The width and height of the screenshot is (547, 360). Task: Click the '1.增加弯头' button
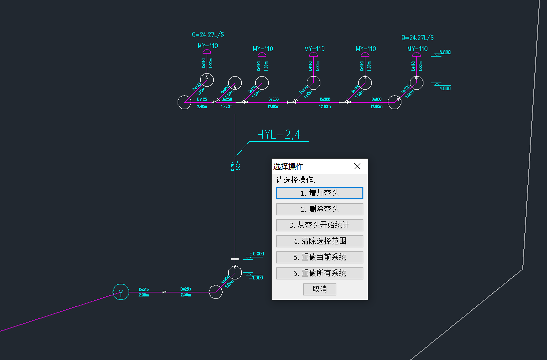click(x=319, y=193)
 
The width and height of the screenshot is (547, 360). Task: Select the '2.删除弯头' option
click(x=319, y=209)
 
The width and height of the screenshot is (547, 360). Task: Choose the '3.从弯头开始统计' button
click(x=319, y=225)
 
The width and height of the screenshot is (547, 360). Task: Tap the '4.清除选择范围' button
click(x=319, y=241)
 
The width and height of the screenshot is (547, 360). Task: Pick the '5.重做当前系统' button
click(x=319, y=257)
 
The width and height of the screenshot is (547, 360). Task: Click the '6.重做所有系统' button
click(x=319, y=273)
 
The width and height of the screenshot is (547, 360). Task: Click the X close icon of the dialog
click(x=357, y=166)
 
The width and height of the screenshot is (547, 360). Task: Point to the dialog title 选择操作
click(x=288, y=166)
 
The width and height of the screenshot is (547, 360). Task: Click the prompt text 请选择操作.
click(x=299, y=179)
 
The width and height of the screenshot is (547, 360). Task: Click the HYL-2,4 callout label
click(x=278, y=135)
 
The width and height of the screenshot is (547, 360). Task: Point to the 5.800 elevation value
click(x=445, y=52)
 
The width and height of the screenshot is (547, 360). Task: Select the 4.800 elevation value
click(x=445, y=88)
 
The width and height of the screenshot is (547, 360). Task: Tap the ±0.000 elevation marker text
click(x=257, y=254)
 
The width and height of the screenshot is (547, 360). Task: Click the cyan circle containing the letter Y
click(x=120, y=292)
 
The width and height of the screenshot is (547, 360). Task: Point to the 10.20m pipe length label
click(x=227, y=107)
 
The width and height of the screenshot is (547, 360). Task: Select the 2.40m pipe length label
click(x=202, y=107)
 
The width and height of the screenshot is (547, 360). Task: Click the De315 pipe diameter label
click(x=144, y=289)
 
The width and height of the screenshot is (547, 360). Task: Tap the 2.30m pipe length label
click(x=186, y=295)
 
